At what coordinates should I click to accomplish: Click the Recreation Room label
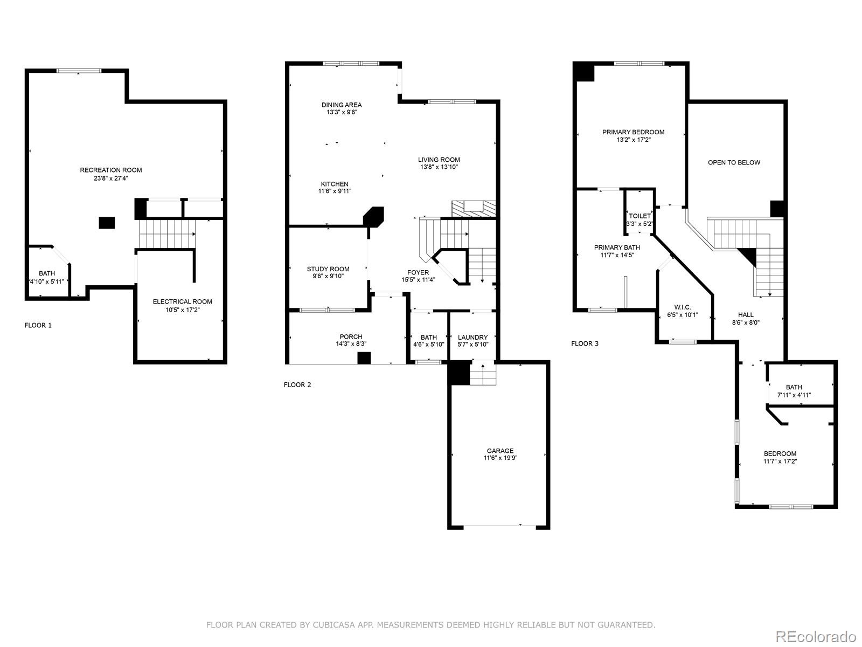point(111,170)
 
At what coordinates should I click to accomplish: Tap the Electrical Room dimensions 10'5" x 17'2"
point(182,310)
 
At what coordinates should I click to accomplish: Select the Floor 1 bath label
point(47,273)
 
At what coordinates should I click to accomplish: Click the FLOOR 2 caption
point(297,385)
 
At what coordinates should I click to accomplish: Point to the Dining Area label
point(342,105)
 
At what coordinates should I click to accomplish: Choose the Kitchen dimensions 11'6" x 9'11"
point(335,191)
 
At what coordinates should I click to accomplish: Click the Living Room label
point(439,160)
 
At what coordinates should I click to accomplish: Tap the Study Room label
point(328,269)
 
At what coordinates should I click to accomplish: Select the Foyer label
point(418,273)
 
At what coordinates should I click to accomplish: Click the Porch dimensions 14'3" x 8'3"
point(351,344)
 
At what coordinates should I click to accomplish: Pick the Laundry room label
point(472,338)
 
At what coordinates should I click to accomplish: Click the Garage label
point(500,451)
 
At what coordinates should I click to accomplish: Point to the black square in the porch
point(365,358)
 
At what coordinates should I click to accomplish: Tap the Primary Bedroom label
point(633,132)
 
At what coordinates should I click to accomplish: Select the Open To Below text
point(734,163)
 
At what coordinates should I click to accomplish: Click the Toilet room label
point(639,216)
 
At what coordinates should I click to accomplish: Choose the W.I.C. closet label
point(682,307)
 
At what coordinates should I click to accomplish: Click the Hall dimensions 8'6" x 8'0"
point(746,322)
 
